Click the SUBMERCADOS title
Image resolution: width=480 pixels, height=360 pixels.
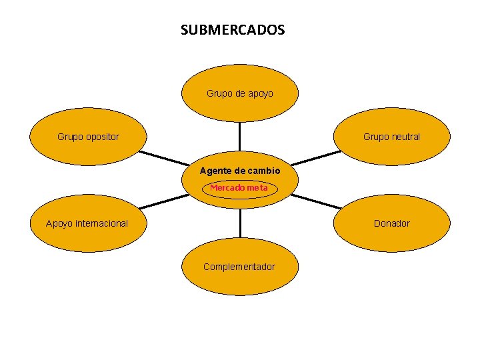coord(232,30)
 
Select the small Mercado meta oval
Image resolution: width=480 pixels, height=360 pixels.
coord(239,188)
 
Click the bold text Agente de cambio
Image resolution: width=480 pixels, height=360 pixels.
coord(240,171)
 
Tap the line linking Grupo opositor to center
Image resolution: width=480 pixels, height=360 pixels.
coord(163,158)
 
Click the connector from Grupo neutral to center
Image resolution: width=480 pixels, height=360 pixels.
coord(315,157)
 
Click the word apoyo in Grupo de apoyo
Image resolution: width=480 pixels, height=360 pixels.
coord(260,94)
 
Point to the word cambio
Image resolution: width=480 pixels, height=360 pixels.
coord(264,171)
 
